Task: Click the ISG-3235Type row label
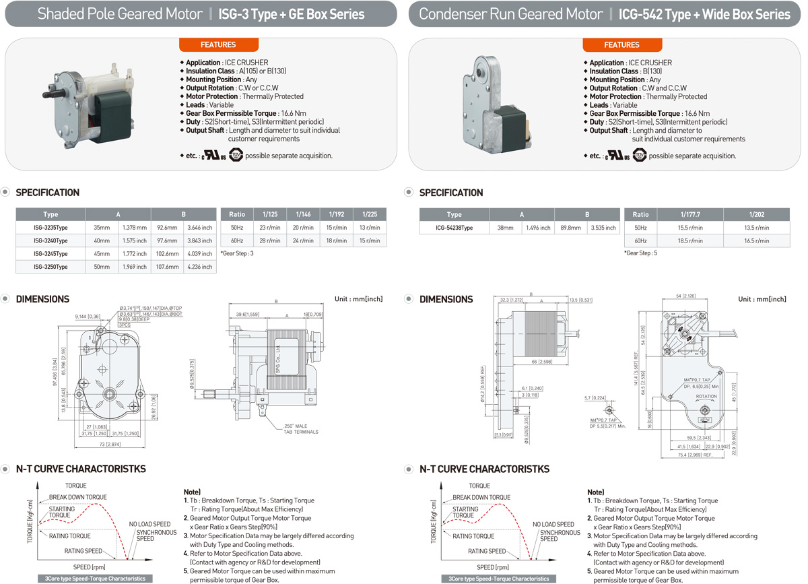tap(50, 228)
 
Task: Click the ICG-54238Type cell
tap(454, 228)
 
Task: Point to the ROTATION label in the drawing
tap(706, 397)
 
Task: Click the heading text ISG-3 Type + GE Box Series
tap(292, 14)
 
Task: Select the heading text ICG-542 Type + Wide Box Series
tap(704, 14)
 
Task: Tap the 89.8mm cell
tap(570, 228)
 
